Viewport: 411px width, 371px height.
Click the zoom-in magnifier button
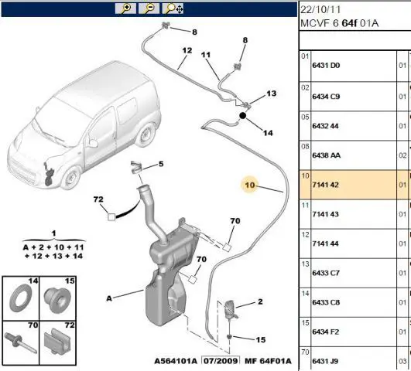(x=125, y=9)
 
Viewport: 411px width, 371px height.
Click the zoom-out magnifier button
(x=149, y=9)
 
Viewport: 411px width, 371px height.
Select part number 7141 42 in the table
(x=326, y=185)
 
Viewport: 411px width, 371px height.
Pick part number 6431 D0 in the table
(x=326, y=65)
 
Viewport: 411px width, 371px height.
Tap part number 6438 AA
(x=326, y=155)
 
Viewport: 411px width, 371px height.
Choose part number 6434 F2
(x=326, y=332)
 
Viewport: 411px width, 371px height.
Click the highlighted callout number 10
(x=249, y=185)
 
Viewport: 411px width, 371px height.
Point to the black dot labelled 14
(x=243, y=115)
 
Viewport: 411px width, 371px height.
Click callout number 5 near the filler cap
(x=161, y=164)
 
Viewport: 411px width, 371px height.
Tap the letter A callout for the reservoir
(x=109, y=298)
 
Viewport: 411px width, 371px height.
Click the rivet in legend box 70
(x=20, y=342)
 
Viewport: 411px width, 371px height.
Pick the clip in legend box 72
(x=57, y=341)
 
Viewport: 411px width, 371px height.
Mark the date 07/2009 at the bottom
(x=221, y=361)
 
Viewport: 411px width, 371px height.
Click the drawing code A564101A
(x=176, y=361)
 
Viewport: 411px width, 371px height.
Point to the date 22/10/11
(x=320, y=10)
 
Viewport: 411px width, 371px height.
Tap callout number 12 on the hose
(x=187, y=50)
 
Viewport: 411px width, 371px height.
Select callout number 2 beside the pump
(x=260, y=301)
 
